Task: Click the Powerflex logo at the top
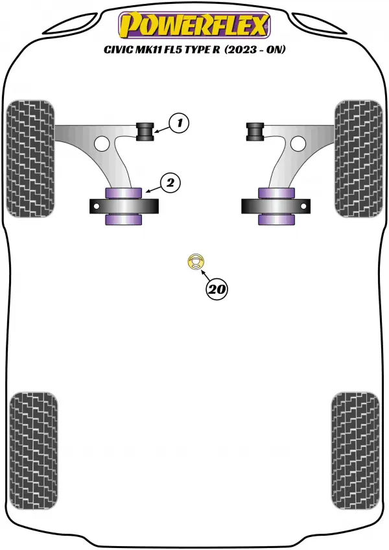[194, 25]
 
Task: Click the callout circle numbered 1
[179, 123]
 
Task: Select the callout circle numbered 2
[170, 183]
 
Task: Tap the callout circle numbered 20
[217, 289]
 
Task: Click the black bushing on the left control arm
[145, 131]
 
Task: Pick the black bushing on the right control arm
[255, 131]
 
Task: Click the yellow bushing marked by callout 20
[195, 262]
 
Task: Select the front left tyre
[30, 158]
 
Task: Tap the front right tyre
[359, 158]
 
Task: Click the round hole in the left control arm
[102, 144]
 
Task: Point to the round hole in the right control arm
[298, 144]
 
